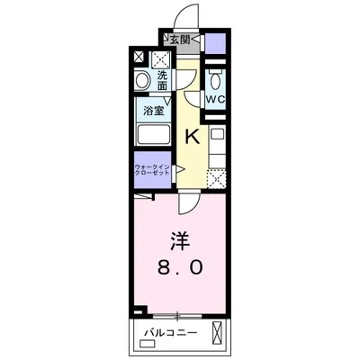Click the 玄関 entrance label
179,40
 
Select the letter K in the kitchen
192,138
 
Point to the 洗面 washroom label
163,80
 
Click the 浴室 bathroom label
152,111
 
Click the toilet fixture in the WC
215,78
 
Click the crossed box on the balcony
215,332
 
